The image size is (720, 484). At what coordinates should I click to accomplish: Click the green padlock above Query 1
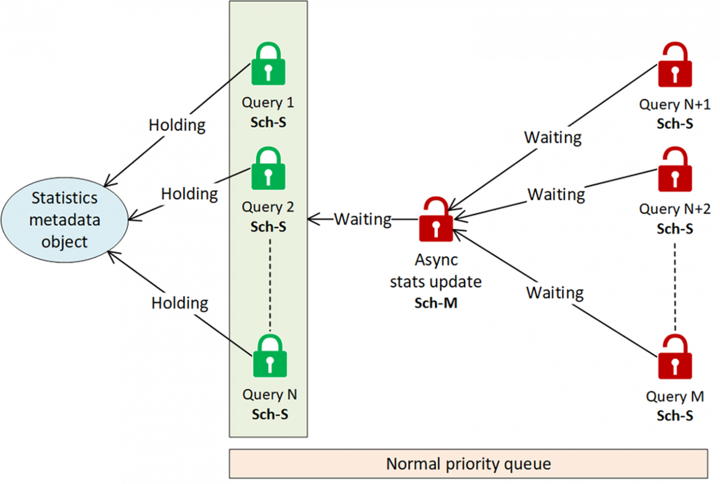268,66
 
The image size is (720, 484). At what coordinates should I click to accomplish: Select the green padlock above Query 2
268,170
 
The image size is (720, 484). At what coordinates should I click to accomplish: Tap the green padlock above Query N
270,357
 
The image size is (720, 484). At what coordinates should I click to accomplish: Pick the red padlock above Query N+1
675,67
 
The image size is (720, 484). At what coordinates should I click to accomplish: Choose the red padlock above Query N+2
675,171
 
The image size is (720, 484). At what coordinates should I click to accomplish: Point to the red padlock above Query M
675,359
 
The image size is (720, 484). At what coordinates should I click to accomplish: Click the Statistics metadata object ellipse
65,219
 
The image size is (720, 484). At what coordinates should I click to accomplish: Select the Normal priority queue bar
468,464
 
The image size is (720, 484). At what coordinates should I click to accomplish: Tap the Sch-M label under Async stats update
435,303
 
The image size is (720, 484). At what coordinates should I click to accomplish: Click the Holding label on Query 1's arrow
177,125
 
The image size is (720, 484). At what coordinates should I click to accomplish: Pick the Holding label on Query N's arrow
180,303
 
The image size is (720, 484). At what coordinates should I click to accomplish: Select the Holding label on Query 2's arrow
189,194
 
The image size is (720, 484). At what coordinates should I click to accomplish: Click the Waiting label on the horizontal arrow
362,219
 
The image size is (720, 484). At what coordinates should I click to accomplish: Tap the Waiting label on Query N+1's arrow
553,137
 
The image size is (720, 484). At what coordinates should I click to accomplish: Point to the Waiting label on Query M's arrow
555,293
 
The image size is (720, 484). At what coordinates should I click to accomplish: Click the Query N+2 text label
675,209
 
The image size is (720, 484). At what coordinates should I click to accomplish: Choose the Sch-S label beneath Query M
675,416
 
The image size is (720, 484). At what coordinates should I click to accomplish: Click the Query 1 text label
268,102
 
